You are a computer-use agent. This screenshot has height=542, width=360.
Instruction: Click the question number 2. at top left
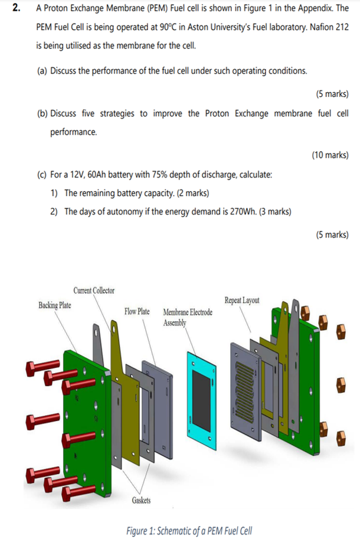(x=16, y=9)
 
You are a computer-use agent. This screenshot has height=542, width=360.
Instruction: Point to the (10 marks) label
(x=329, y=155)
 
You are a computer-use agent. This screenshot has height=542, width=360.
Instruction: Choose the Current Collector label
(x=94, y=290)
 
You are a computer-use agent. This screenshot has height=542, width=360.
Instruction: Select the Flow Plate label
(x=137, y=311)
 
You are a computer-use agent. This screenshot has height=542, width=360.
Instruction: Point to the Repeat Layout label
(x=241, y=300)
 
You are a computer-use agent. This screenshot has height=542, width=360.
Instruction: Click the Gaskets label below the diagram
(x=140, y=501)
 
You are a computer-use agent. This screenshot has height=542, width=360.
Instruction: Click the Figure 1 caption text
(x=189, y=530)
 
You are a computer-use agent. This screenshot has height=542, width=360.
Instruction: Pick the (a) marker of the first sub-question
(x=42, y=71)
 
